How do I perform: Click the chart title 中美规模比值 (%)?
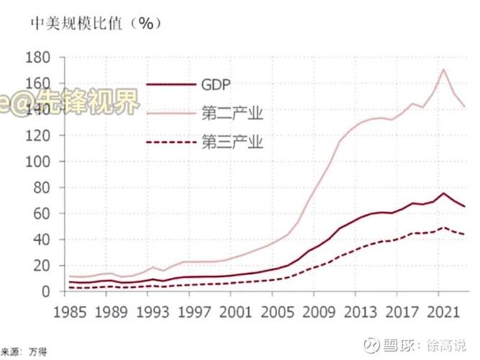(x=92, y=22)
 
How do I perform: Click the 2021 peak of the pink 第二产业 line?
(x=443, y=69)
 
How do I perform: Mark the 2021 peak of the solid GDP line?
(x=443, y=193)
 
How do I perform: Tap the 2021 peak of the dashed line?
(x=443, y=228)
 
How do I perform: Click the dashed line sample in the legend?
(x=171, y=142)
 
